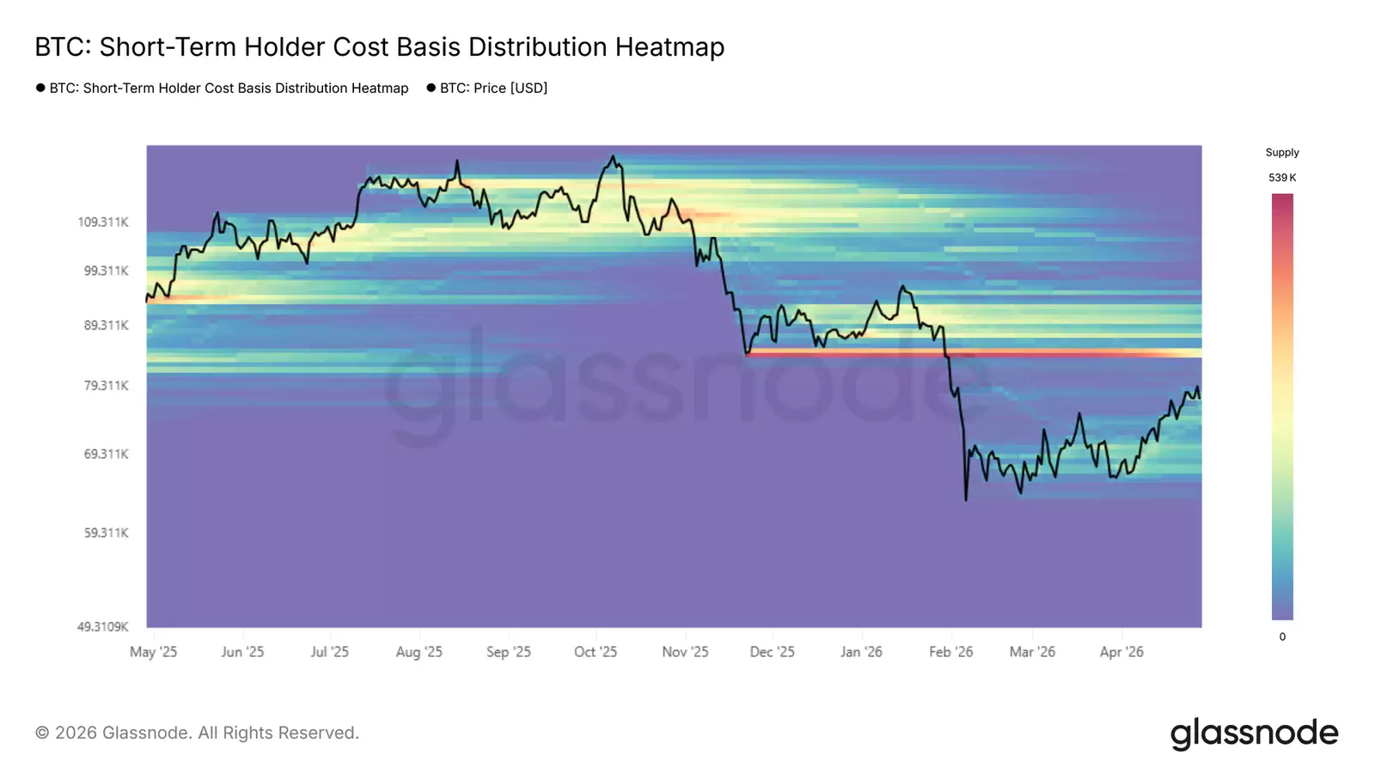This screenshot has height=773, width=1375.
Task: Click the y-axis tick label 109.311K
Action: pyautogui.click(x=103, y=222)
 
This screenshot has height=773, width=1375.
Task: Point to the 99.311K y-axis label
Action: pyautogui.click(x=106, y=271)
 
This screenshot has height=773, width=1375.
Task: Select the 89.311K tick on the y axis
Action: pyautogui.click(x=106, y=326)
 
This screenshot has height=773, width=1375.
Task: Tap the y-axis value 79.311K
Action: pyautogui.click(x=106, y=386)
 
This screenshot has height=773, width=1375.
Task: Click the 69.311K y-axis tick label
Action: pyautogui.click(x=106, y=453)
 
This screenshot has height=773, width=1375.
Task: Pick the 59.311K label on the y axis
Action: pyautogui.click(x=106, y=533)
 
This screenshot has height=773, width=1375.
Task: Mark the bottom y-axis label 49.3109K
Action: pyautogui.click(x=102, y=627)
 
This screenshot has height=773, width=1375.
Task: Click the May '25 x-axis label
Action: pyautogui.click(x=153, y=652)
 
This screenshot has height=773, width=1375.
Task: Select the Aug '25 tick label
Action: pyautogui.click(x=419, y=652)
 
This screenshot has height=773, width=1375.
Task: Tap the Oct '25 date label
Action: pyautogui.click(x=596, y=652)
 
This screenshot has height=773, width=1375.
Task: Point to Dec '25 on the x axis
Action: pyautogui.click(x=772, y=652)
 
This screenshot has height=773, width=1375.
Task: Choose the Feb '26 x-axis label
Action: pyautogui.click(x=950, y=652)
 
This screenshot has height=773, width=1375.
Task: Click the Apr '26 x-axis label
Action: pyautogui.click(x=1121, y=652)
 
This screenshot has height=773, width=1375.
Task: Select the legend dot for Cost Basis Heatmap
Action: pyautogui.click(x=40, y=88)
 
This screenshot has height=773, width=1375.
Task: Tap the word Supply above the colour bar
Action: pyautogui.click(x=1282, y=153)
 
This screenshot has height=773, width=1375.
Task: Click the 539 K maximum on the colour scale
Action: pyautogui.click(x=1282, y=178)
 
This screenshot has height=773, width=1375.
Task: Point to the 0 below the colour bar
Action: pyautogui.click(x=1282, y=637)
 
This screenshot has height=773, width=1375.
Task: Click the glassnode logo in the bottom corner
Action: pyautogui.click(x=1254, y=733)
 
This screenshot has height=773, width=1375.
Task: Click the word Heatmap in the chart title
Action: pyautogui.click(x=669, y=47)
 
